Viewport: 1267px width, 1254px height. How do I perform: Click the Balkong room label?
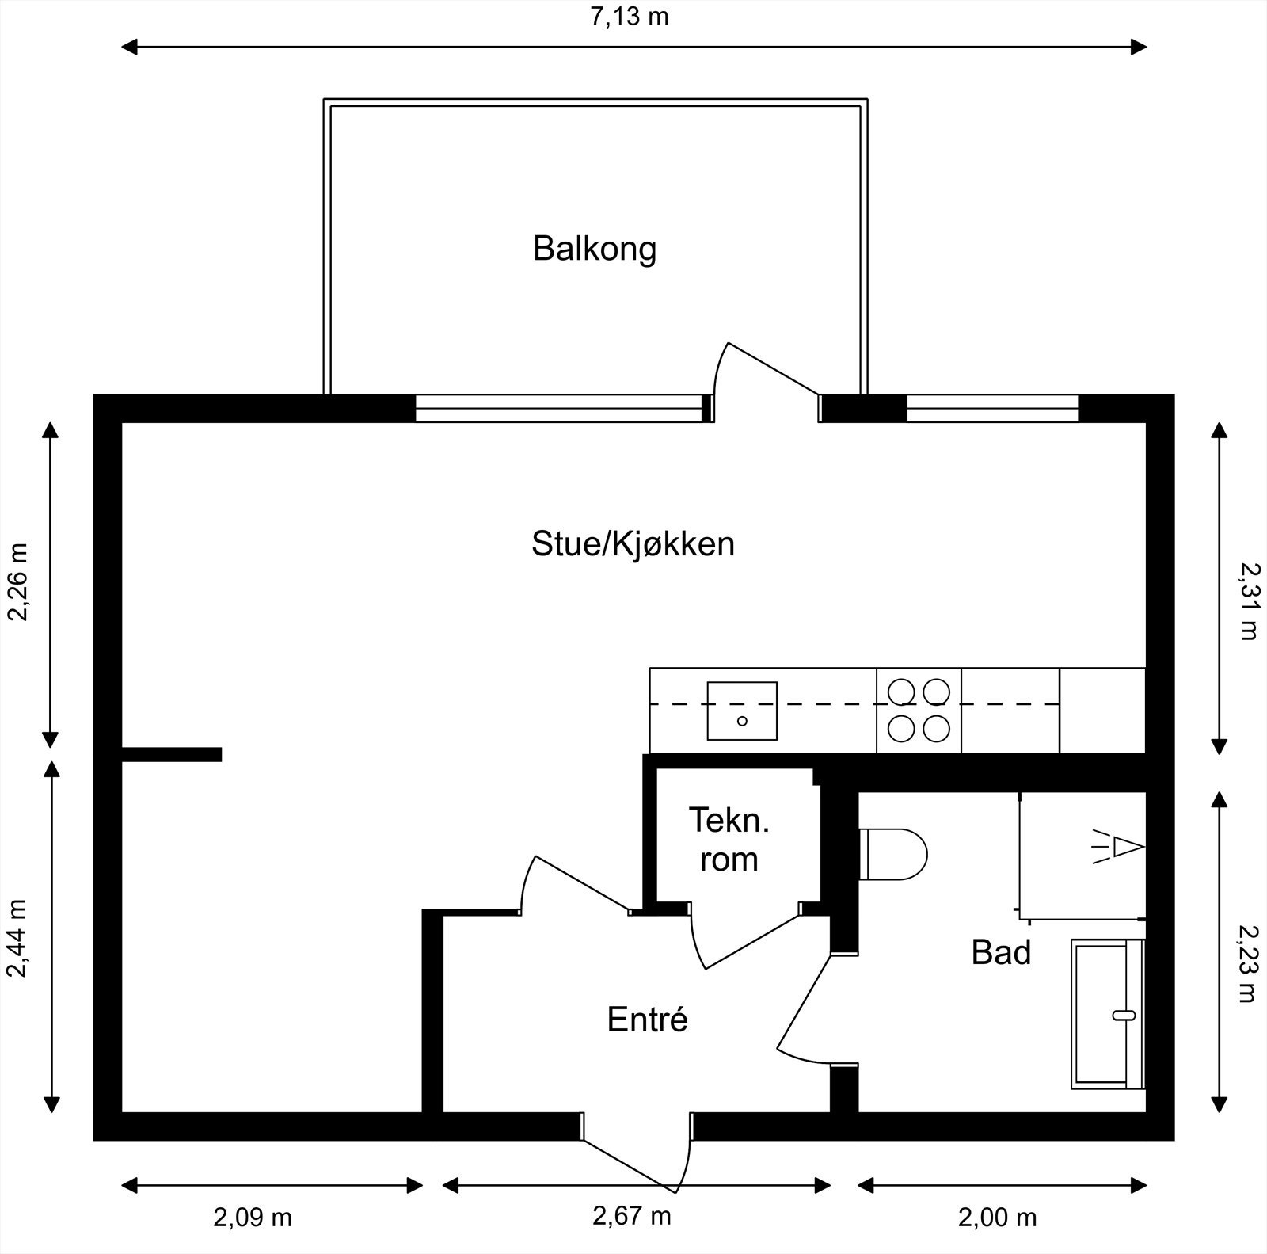tap(595, 249)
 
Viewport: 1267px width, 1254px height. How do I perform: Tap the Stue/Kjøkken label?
tap(633, 545)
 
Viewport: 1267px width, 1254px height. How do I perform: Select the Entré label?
tap(647, 1020)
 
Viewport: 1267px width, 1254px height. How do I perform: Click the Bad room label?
tap(1001, 953)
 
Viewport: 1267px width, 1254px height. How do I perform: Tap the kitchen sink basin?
tap(742, 711)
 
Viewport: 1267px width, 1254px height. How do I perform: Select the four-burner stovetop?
tap(919, 710)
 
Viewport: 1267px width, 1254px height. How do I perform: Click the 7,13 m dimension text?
tap(630, 16)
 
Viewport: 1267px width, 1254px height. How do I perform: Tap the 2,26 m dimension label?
tap(17, 582)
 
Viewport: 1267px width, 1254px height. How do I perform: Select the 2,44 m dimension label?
tap(17, 939)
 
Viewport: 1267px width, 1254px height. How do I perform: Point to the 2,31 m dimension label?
tap(1249, 600)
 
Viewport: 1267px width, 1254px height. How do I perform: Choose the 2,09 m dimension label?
tap(252, 1218)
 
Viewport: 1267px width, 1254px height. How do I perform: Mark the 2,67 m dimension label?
tap(632, 1215)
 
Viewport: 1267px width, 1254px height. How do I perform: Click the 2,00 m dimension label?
tap(997, 1218)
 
